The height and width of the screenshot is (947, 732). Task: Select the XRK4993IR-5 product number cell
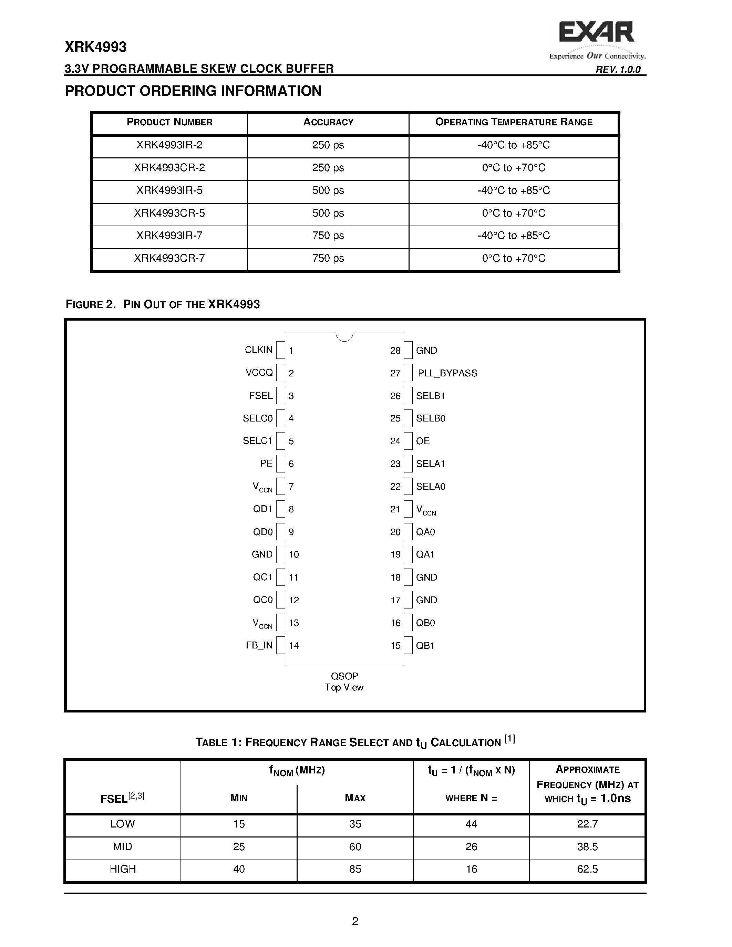tap(169, 190)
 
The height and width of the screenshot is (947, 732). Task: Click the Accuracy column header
tap(328, 122)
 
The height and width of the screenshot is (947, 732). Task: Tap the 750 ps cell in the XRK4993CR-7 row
tap(328, 258)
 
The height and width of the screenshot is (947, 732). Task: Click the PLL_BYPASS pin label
tap(447, 373)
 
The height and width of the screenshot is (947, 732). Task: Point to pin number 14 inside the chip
tap(294, 646)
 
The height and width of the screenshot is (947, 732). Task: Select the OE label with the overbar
tap(423, 441)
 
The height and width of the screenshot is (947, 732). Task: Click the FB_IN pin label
tap(259, 645)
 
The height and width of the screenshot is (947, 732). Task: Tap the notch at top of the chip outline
tap(344, 337)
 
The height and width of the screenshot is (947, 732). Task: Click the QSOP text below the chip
tap(344, 676)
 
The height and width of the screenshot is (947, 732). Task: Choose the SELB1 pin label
tap(430, 396)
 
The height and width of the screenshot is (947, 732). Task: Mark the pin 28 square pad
tap(408, 350)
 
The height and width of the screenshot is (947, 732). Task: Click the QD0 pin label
tap(263, 532)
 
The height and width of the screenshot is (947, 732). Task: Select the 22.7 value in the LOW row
tap(587, 824)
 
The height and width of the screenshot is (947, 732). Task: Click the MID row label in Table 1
tap(122, 846)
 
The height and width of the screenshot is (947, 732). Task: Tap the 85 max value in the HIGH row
tap(355, 869)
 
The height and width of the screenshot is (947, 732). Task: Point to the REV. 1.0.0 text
tap(618, 69)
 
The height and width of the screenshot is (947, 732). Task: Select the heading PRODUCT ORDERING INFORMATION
tap(193, 91)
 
